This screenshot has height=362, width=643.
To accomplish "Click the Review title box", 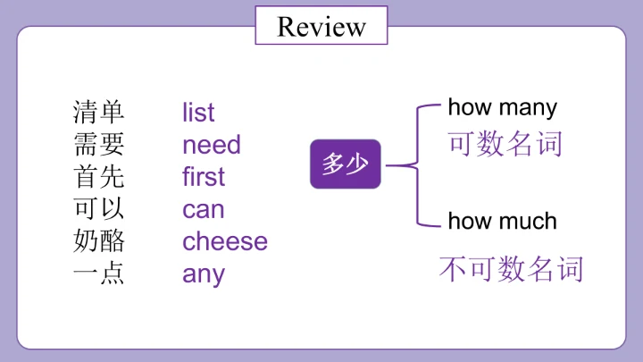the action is (x=321, y=25).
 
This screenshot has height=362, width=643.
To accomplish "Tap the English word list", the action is (x=198, y=112).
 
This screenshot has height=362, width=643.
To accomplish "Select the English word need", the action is (x=211, y=145).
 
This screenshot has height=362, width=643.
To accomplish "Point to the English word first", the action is (x=204, y=176).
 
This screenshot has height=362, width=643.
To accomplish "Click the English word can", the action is (x=204, y=209).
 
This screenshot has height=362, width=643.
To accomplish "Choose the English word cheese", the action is (x=225, y=241).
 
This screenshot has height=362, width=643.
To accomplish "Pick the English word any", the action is (x=204, y=274).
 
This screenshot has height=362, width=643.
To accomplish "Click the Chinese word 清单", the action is (x=98, y=112).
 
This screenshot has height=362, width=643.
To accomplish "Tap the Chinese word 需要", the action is (x=98, y=145).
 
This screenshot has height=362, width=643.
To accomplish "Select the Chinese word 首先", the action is (x=98, y=176).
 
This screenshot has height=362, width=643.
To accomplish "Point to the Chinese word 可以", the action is (x=98, y=208).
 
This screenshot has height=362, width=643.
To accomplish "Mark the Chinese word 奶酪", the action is (x=98, y=241).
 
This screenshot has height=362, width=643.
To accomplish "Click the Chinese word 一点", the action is (x=98, y=274).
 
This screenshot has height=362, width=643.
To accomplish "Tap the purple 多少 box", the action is (x=346, y=164).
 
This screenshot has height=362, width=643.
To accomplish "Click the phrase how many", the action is (x=502, y=108).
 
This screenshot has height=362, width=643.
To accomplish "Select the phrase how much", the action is (x=502, y=222).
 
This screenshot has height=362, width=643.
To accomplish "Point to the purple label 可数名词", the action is (x=505, y=144).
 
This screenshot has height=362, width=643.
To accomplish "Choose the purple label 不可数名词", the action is (x=511, y=269).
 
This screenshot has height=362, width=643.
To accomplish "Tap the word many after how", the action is (x=528, y=109).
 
